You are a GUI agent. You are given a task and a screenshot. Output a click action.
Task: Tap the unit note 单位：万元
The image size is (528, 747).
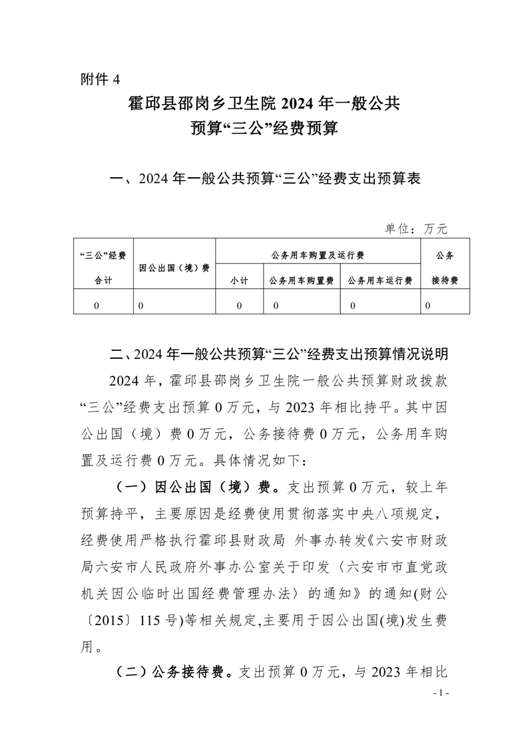click(x=416, y=229)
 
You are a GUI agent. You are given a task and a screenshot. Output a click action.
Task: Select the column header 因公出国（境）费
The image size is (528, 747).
click(x=174, y=268)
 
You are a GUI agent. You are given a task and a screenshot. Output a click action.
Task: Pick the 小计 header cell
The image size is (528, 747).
click(x=239, y=281)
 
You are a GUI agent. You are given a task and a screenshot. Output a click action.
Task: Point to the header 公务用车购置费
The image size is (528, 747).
click(x=302, y=281)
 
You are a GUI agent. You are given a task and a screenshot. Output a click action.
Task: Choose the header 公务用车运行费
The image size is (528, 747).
click(x=380, y=281)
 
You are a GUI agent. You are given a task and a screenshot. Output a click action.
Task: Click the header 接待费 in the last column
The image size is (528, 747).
click(x=445, y=281)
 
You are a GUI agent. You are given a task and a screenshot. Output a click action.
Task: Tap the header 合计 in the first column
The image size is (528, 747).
click(x=103, y=281)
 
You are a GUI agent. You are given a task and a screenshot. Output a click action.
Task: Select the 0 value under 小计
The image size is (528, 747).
click(x=239, y=306)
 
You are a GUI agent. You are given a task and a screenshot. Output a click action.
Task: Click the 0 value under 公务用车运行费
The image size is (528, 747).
click(x=352, y=306)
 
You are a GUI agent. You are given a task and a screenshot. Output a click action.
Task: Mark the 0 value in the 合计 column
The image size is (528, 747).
click(x=97, y=306)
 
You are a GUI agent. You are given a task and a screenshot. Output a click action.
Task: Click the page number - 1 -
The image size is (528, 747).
click(x=441, y=693)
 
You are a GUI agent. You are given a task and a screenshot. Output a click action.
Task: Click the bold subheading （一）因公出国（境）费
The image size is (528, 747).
click(x=192, y=487)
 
